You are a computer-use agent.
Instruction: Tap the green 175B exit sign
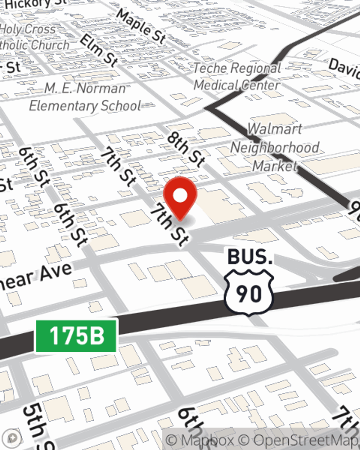(76, 336)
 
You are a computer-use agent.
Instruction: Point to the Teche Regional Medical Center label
(237, 76)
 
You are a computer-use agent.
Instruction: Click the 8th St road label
(186, 150)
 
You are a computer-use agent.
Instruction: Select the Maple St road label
(141, 26)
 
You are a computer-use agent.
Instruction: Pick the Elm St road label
(99, 51)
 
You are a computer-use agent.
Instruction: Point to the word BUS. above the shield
(249, 257)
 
